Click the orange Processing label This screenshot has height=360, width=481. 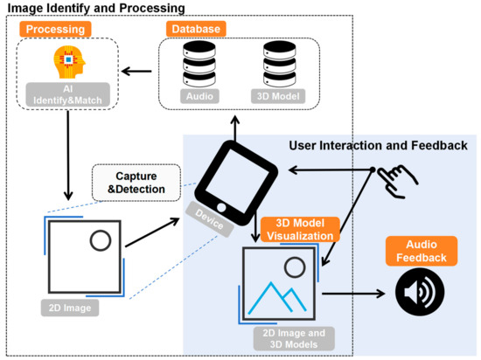(x=54, y=29)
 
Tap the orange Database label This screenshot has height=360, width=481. (x=195, y=29)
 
